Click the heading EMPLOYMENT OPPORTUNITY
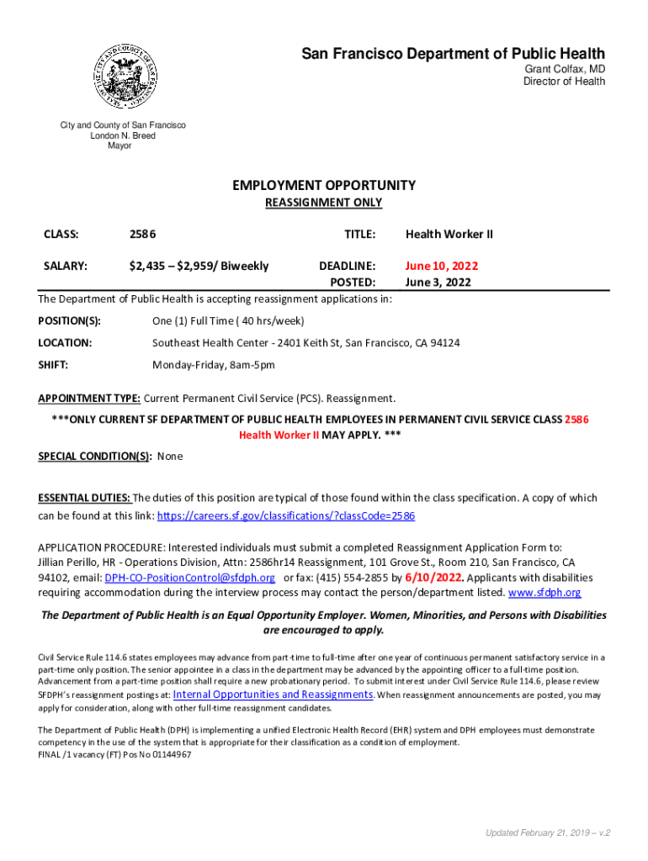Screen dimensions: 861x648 [x=324, y=185]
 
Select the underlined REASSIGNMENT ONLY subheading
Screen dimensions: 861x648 [x=324, y=203]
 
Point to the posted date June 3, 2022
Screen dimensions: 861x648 [x=438, y=283]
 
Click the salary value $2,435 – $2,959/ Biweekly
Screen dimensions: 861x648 [x=199, y=266]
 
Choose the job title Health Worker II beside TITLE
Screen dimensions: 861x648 [x=449, y=234]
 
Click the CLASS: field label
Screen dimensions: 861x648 [x=61, y=234]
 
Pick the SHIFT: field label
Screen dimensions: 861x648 [x=53, y=365]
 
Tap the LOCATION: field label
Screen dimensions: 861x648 [x=65, y=343]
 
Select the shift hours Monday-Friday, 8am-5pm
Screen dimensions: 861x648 [x=213, y=365]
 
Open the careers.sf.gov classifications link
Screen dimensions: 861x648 [x=287, y=515]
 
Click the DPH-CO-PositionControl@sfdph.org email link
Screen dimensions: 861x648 [x=189, y=578]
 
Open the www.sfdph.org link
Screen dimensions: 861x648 [x=544, y=593]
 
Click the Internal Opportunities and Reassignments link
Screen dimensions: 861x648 [x=273, y=695]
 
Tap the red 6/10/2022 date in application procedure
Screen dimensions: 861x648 [x=434, y=578]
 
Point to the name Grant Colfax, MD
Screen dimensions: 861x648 [x=565, y=69]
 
